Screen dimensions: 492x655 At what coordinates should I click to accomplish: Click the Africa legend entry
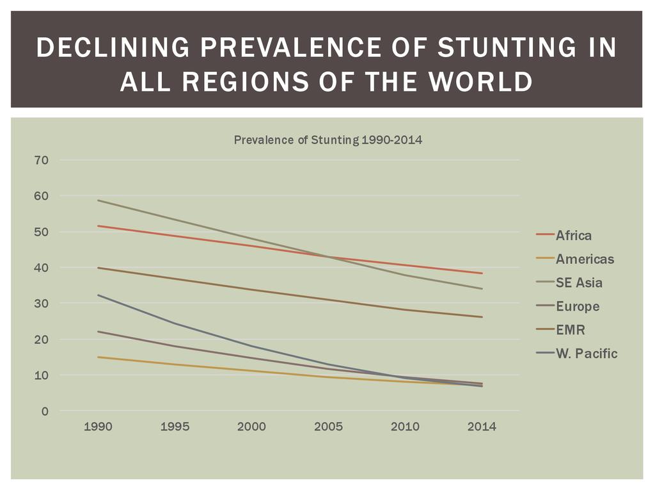(x=573, y=235)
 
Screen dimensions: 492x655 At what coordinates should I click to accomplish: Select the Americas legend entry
(x=584, y=259)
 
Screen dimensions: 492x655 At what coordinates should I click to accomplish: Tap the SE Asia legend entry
(x=578, y=283)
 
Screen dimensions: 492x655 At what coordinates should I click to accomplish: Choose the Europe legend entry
(x=577, y=306)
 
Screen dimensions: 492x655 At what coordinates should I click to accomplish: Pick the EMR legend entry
(x=570, y=330)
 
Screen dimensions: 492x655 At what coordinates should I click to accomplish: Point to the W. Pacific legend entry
(x=586, y=353)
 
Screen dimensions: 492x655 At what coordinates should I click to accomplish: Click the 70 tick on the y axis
(x=42, y=160)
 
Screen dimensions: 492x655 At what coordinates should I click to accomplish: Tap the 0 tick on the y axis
(x=45, y=411)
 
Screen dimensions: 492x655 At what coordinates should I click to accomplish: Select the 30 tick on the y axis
(x=42, y=304)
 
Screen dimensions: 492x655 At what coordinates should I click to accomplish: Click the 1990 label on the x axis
(x=98, y=427)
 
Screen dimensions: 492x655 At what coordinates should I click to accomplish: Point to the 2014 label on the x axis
(x=482, y=427)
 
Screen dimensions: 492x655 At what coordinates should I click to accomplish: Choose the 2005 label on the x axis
(x=328, y=427)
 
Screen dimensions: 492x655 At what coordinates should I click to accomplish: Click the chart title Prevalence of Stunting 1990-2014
(x=327, y=140)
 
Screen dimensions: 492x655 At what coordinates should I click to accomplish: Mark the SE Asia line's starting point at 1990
(x=98, y=201)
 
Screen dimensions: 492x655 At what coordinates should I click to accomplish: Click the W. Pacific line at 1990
(x=98, y=295)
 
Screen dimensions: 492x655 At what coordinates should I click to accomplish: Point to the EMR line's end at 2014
(x=482, y=316)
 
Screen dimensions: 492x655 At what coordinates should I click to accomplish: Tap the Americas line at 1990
(x=98, y=357)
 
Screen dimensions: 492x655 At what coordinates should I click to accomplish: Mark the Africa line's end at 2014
(x=482, y=273)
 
